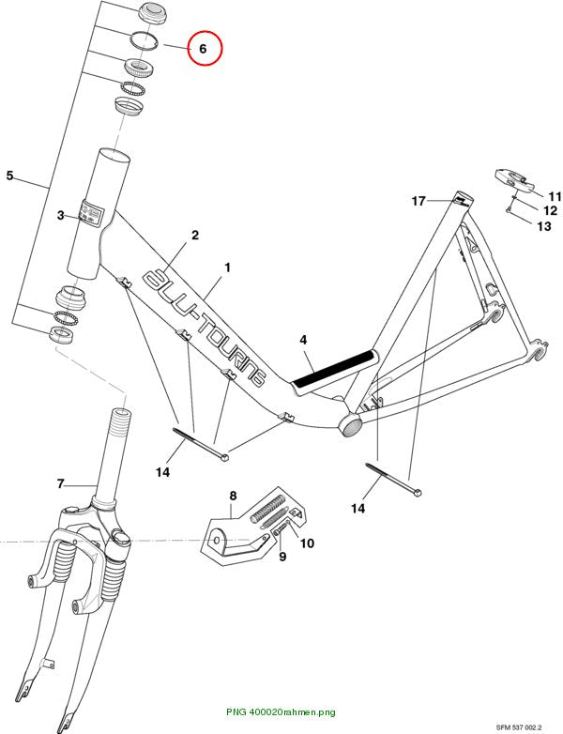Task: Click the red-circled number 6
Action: [203, 49]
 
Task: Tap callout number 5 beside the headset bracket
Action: [9, 176]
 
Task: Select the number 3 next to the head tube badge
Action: [60, 216]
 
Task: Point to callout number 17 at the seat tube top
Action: [418, 201]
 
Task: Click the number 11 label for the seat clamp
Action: [555, 196]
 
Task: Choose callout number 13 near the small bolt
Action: [544, 226]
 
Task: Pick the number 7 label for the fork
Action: [60, 484]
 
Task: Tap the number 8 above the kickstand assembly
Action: [233, 496]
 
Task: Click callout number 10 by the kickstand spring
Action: [307, 543]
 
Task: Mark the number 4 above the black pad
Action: [303, 340]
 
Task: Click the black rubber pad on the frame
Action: [334, 367]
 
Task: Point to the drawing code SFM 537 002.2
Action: [519, 727]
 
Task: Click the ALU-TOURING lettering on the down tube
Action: [205, 327]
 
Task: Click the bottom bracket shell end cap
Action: [351, 425]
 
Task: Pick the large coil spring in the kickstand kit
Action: [268, 509]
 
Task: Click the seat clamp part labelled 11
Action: [514, 181]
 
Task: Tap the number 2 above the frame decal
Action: [195, 235]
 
